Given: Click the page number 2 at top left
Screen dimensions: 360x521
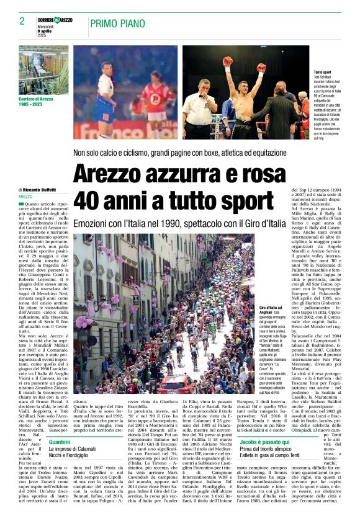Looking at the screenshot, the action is click(x=22, y=21).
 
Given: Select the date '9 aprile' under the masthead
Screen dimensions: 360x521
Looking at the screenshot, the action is click(x=46, y=32).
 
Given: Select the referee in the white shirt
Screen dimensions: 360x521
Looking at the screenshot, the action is click(x=202, y=109).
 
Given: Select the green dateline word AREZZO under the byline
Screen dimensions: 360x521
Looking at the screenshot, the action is click(x=26, y=197).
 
